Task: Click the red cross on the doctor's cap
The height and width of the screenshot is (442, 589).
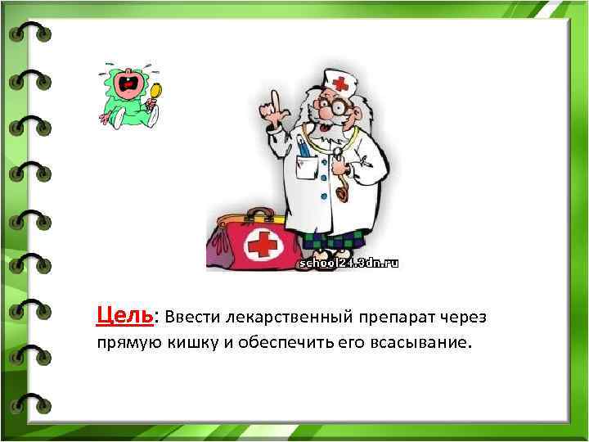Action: pos(339,82)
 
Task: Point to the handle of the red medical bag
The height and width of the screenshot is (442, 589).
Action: pos(260,214)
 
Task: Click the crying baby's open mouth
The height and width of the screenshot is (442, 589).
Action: pos(127,82)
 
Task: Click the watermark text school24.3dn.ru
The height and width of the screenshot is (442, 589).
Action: pos(349,264)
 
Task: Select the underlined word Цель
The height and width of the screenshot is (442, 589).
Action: pos(124,315)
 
